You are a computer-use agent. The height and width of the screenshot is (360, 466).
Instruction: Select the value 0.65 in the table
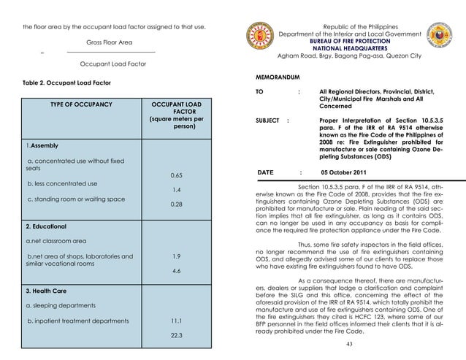click(176, 175)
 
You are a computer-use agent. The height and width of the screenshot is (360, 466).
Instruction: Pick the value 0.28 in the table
click(176, 205)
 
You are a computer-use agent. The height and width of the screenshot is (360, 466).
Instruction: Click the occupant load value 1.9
click(176, 256)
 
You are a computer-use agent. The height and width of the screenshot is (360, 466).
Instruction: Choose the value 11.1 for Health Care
click(176, 321)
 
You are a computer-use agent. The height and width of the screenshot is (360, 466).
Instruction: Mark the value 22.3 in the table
click(176, 335)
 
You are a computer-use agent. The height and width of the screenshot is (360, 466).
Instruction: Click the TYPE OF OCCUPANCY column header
click(80, 105)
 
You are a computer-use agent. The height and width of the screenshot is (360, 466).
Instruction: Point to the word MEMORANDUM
click(279, 76)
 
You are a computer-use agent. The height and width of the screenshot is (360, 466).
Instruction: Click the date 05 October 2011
click(346, 172)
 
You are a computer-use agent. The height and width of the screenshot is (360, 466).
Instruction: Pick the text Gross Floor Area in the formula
click(110, 42)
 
